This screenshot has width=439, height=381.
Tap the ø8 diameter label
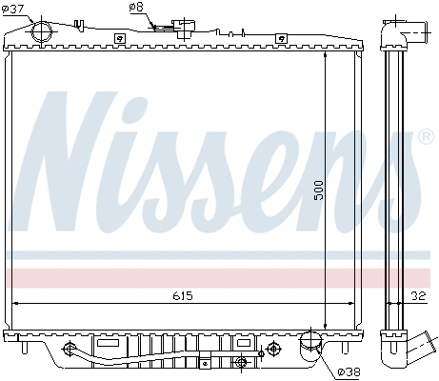tap(136, 8)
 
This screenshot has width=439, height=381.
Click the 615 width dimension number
tap(182, 296)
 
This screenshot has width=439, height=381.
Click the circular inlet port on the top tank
tap(42, 30)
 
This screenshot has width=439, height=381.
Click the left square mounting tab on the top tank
tap(119, 38)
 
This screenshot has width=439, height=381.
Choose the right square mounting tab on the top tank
tap(280, 38)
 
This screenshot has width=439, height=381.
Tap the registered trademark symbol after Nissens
tap(427, 138)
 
